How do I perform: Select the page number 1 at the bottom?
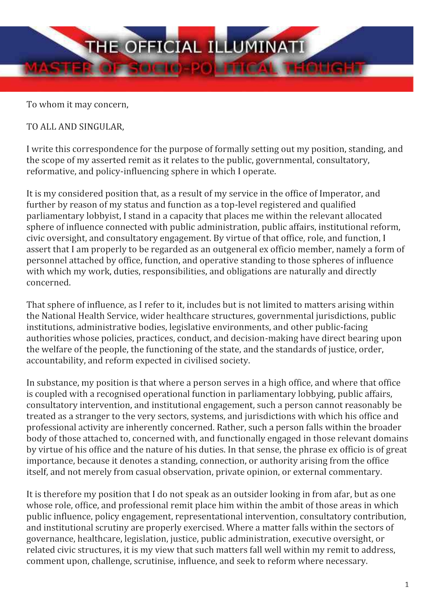tap(407, 585)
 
